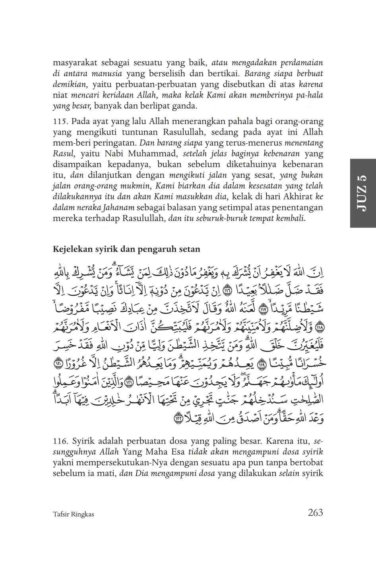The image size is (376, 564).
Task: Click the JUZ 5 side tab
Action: tap(362, 193)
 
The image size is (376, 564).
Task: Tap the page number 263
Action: tap(315, 512)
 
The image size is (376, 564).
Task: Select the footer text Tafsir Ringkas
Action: tap(73, 514)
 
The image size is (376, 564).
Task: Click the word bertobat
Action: tap(308, 463)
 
